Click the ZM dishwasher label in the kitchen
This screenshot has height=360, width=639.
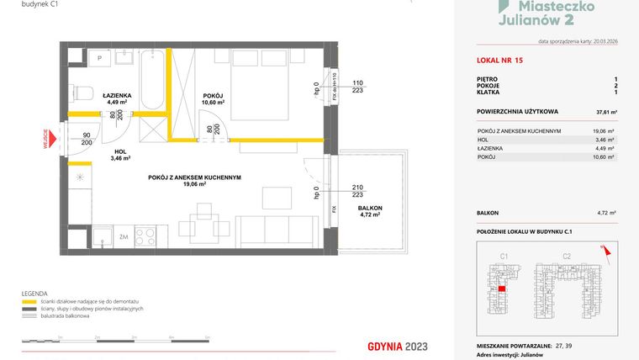[x=124, y=238]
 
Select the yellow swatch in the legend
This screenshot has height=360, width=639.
[x=29, y=300]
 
